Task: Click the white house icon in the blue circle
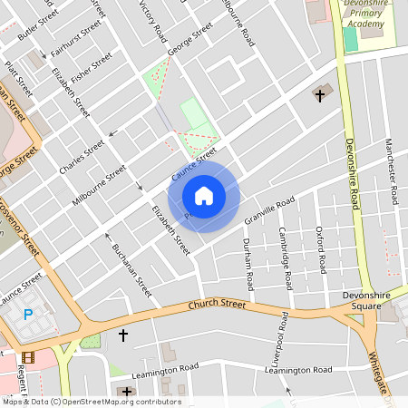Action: [204, 195]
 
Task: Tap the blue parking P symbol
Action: [27, 315]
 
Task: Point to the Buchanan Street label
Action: [131, 270]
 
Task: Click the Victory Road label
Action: [153, 21]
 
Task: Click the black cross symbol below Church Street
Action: [123, 336]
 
